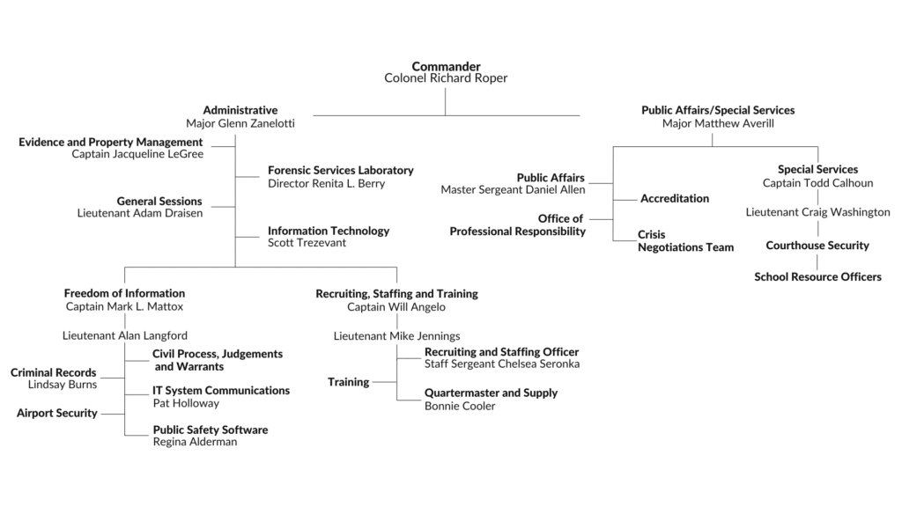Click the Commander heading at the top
pos(446,66)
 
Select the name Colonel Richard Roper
pos(446,78)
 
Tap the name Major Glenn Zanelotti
pos(240,123)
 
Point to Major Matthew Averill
pos(717,123)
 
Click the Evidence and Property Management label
pos(111,142)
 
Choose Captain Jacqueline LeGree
pos(137,154)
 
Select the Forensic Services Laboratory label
pos(340,171)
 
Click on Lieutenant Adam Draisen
pos(139,214)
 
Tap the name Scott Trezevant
pos(307,243)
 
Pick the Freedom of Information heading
pos(124,293)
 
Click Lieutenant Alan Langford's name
pos(125,335)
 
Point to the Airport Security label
pos(57,413)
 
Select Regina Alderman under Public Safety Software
pos(195,442)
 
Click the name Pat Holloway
pos(186,403)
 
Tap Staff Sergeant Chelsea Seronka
pos(502,364)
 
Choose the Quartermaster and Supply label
pos(491,393)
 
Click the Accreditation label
pos(675,199)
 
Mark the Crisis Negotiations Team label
pos(685,241)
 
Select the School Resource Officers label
pos(817,277)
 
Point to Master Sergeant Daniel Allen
pos(513,190)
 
